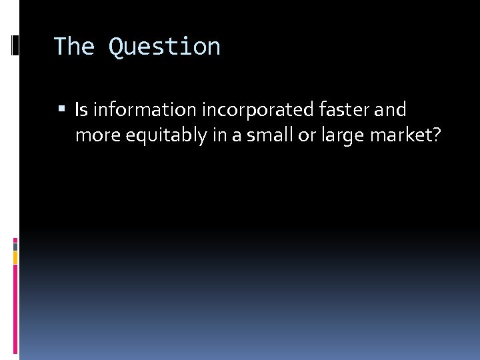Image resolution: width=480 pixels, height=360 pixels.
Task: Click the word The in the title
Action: point(74,47)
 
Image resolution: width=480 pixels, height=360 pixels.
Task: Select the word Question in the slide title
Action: point(164,47)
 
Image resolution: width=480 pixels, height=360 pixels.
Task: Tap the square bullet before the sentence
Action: point(62,109)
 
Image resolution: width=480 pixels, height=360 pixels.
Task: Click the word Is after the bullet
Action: point(81,109)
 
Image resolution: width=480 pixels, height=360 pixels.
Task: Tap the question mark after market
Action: point(436,135)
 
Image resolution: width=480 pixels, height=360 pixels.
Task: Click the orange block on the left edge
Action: point(15,257)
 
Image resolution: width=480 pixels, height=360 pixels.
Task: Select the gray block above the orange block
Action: point(15,245)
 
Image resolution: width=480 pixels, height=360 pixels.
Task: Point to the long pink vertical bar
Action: point(15,307)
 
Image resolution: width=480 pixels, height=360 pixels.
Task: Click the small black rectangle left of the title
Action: point(15,46)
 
